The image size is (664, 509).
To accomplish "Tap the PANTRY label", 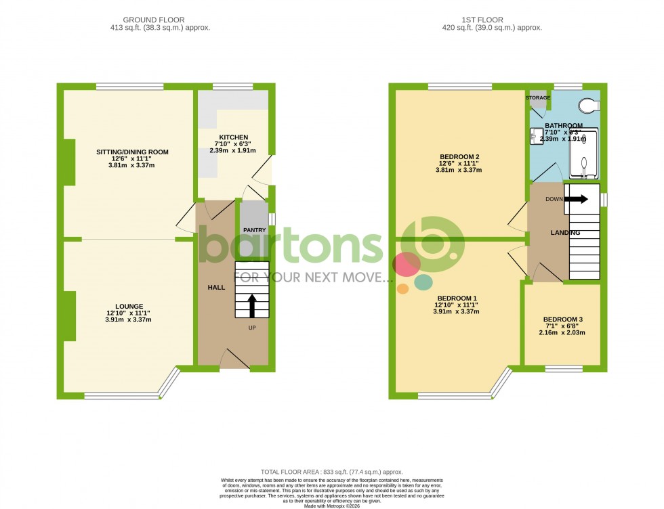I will pyautogui.click(x=255, y=230).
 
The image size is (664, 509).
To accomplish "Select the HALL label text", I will pyautogui.click(x=216, y=288).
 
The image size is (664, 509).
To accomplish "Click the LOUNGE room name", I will pyautogui.click(x=128, y=306).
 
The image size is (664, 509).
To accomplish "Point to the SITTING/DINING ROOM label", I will pyautogui.click(x=132, y=152).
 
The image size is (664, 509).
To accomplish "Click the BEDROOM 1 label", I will pyautogui.click(x=457, y=298).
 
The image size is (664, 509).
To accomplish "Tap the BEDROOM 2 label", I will pyautogui.click(x=459, y=156).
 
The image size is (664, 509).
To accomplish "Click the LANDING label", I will pyautogui.click(x=565, y=233).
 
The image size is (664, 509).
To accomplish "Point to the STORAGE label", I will pyautogui.click(x=539, y=98).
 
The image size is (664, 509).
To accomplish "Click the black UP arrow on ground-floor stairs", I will pyautogui.click(x=252, y=305).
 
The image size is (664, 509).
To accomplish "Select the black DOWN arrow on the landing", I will pyautogui.click(x=576, y=199).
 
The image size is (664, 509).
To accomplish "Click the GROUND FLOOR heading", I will pyautogui.click(x=160, y=20).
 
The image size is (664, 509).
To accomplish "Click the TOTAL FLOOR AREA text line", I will pyautogui.click(x=332, y=472).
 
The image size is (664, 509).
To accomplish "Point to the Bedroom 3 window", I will pyautogui.click(x=564, y=369).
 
